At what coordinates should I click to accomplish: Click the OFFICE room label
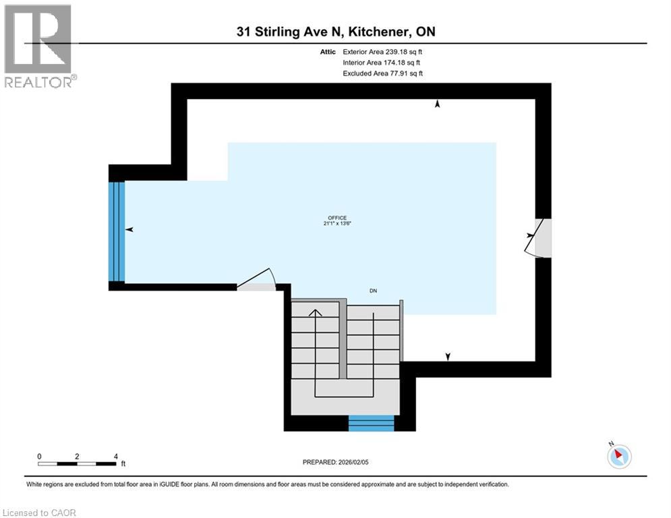[337, 217]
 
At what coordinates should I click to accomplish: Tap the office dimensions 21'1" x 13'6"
[337, 224]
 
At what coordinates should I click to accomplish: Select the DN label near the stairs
[373, 291]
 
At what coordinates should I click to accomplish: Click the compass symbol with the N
[619, 456]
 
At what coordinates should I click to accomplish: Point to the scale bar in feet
[77, 463]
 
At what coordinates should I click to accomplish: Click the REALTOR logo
[38, 46]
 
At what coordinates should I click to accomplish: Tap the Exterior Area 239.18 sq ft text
[383, 51]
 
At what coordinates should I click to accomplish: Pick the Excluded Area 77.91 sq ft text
[383, 74]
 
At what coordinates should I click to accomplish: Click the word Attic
[328, 51]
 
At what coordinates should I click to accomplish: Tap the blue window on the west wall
[117, 231]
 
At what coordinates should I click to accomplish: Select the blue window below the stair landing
[371, 424]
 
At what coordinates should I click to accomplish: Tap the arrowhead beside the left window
[129, 230]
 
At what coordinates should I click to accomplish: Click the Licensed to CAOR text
[40, 513]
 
